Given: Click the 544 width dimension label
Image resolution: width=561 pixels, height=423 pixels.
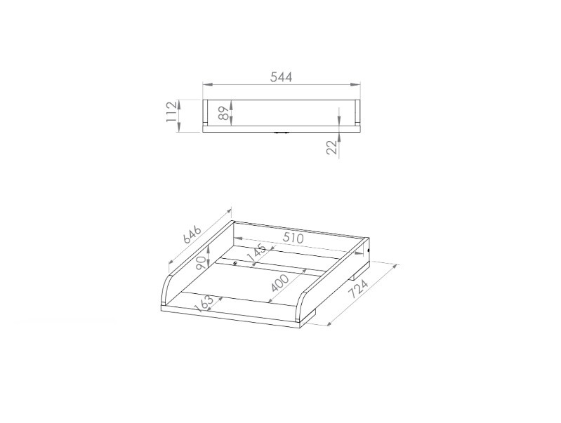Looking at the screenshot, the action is point(281,77).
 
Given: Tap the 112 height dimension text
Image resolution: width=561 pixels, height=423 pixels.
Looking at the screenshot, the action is point(172,112).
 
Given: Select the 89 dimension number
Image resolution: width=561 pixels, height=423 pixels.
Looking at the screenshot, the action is point(223,113).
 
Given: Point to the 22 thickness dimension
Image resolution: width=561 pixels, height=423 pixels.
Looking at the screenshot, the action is point(332,147).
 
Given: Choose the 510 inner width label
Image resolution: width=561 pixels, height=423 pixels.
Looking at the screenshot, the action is point(293,238).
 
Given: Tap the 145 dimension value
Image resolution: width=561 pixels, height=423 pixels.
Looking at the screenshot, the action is point(256,253).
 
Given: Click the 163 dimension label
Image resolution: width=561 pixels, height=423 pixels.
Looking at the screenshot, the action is point(204,304).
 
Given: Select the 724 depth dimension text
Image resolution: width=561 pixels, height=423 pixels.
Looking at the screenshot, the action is point(359,289).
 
